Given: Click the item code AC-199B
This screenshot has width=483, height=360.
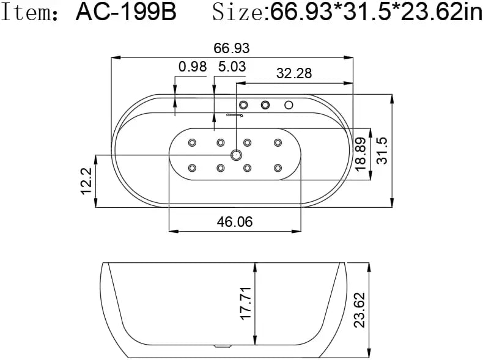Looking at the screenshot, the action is [126, 12].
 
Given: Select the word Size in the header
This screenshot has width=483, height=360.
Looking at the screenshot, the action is [237, 12].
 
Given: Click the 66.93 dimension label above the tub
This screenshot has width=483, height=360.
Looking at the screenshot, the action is [232, 48].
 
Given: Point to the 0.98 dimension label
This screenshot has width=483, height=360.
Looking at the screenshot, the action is [193, 67].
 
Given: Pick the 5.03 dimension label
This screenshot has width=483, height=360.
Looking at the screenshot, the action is [232, 67].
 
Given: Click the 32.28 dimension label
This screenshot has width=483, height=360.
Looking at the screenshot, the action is [294, 73].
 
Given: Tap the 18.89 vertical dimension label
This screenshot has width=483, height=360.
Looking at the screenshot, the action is [360, 154].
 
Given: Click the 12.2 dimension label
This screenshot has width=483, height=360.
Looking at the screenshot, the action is [86, 181].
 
